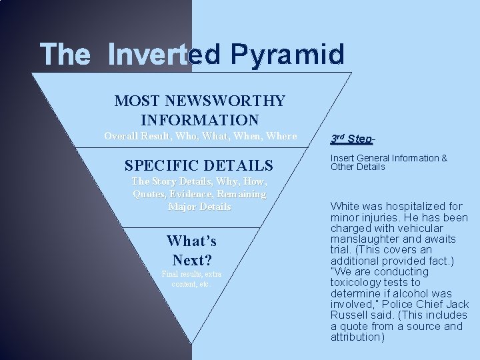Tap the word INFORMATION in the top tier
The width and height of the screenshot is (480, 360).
click(200, 121)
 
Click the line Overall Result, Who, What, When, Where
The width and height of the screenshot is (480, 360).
click(201, 136)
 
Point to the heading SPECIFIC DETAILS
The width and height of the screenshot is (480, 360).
click(199, 165)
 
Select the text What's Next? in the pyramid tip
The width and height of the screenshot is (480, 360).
click(191, 249)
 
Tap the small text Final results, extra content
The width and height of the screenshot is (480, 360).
click(191, 279)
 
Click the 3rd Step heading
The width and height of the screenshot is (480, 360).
click(351, 139)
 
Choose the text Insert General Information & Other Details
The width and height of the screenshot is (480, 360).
click(389, 162)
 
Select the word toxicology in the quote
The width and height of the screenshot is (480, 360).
click(358, 283)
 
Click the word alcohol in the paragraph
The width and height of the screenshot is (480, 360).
click(413, 293)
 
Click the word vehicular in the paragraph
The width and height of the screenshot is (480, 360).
click(435, 228)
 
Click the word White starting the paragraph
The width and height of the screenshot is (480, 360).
click(345, 207)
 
